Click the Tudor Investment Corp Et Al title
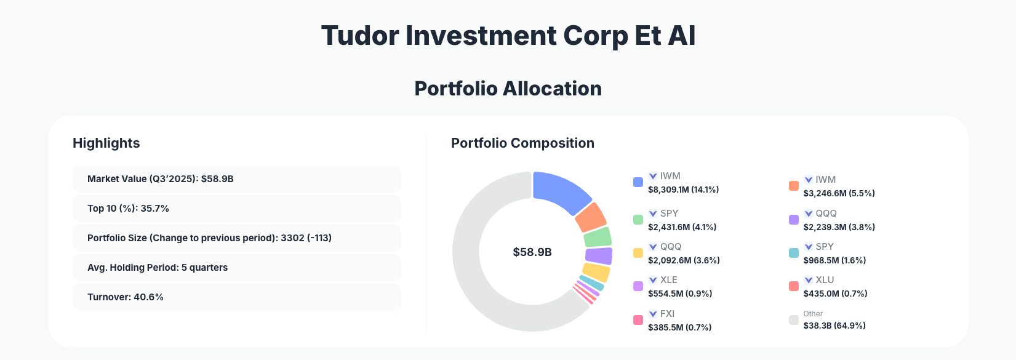[508, 36]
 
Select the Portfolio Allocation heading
[508, 89]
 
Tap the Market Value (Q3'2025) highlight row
[236, 179]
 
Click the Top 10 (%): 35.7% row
[236, 209]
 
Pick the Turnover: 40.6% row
[236, 297]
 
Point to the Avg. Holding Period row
[236, 268]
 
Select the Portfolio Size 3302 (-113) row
[236, 238]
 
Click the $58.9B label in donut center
[532, 252]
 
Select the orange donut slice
[591, 217]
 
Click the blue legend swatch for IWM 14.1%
[638, 182]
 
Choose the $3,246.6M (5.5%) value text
[839, 193]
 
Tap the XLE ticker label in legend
[668, 280]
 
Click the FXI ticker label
[667, 314]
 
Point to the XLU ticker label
[825, 280]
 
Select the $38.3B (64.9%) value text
[834, 326]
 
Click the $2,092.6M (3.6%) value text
[684, 260]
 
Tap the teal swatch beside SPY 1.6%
[794, 253]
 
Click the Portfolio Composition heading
[522, 143]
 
